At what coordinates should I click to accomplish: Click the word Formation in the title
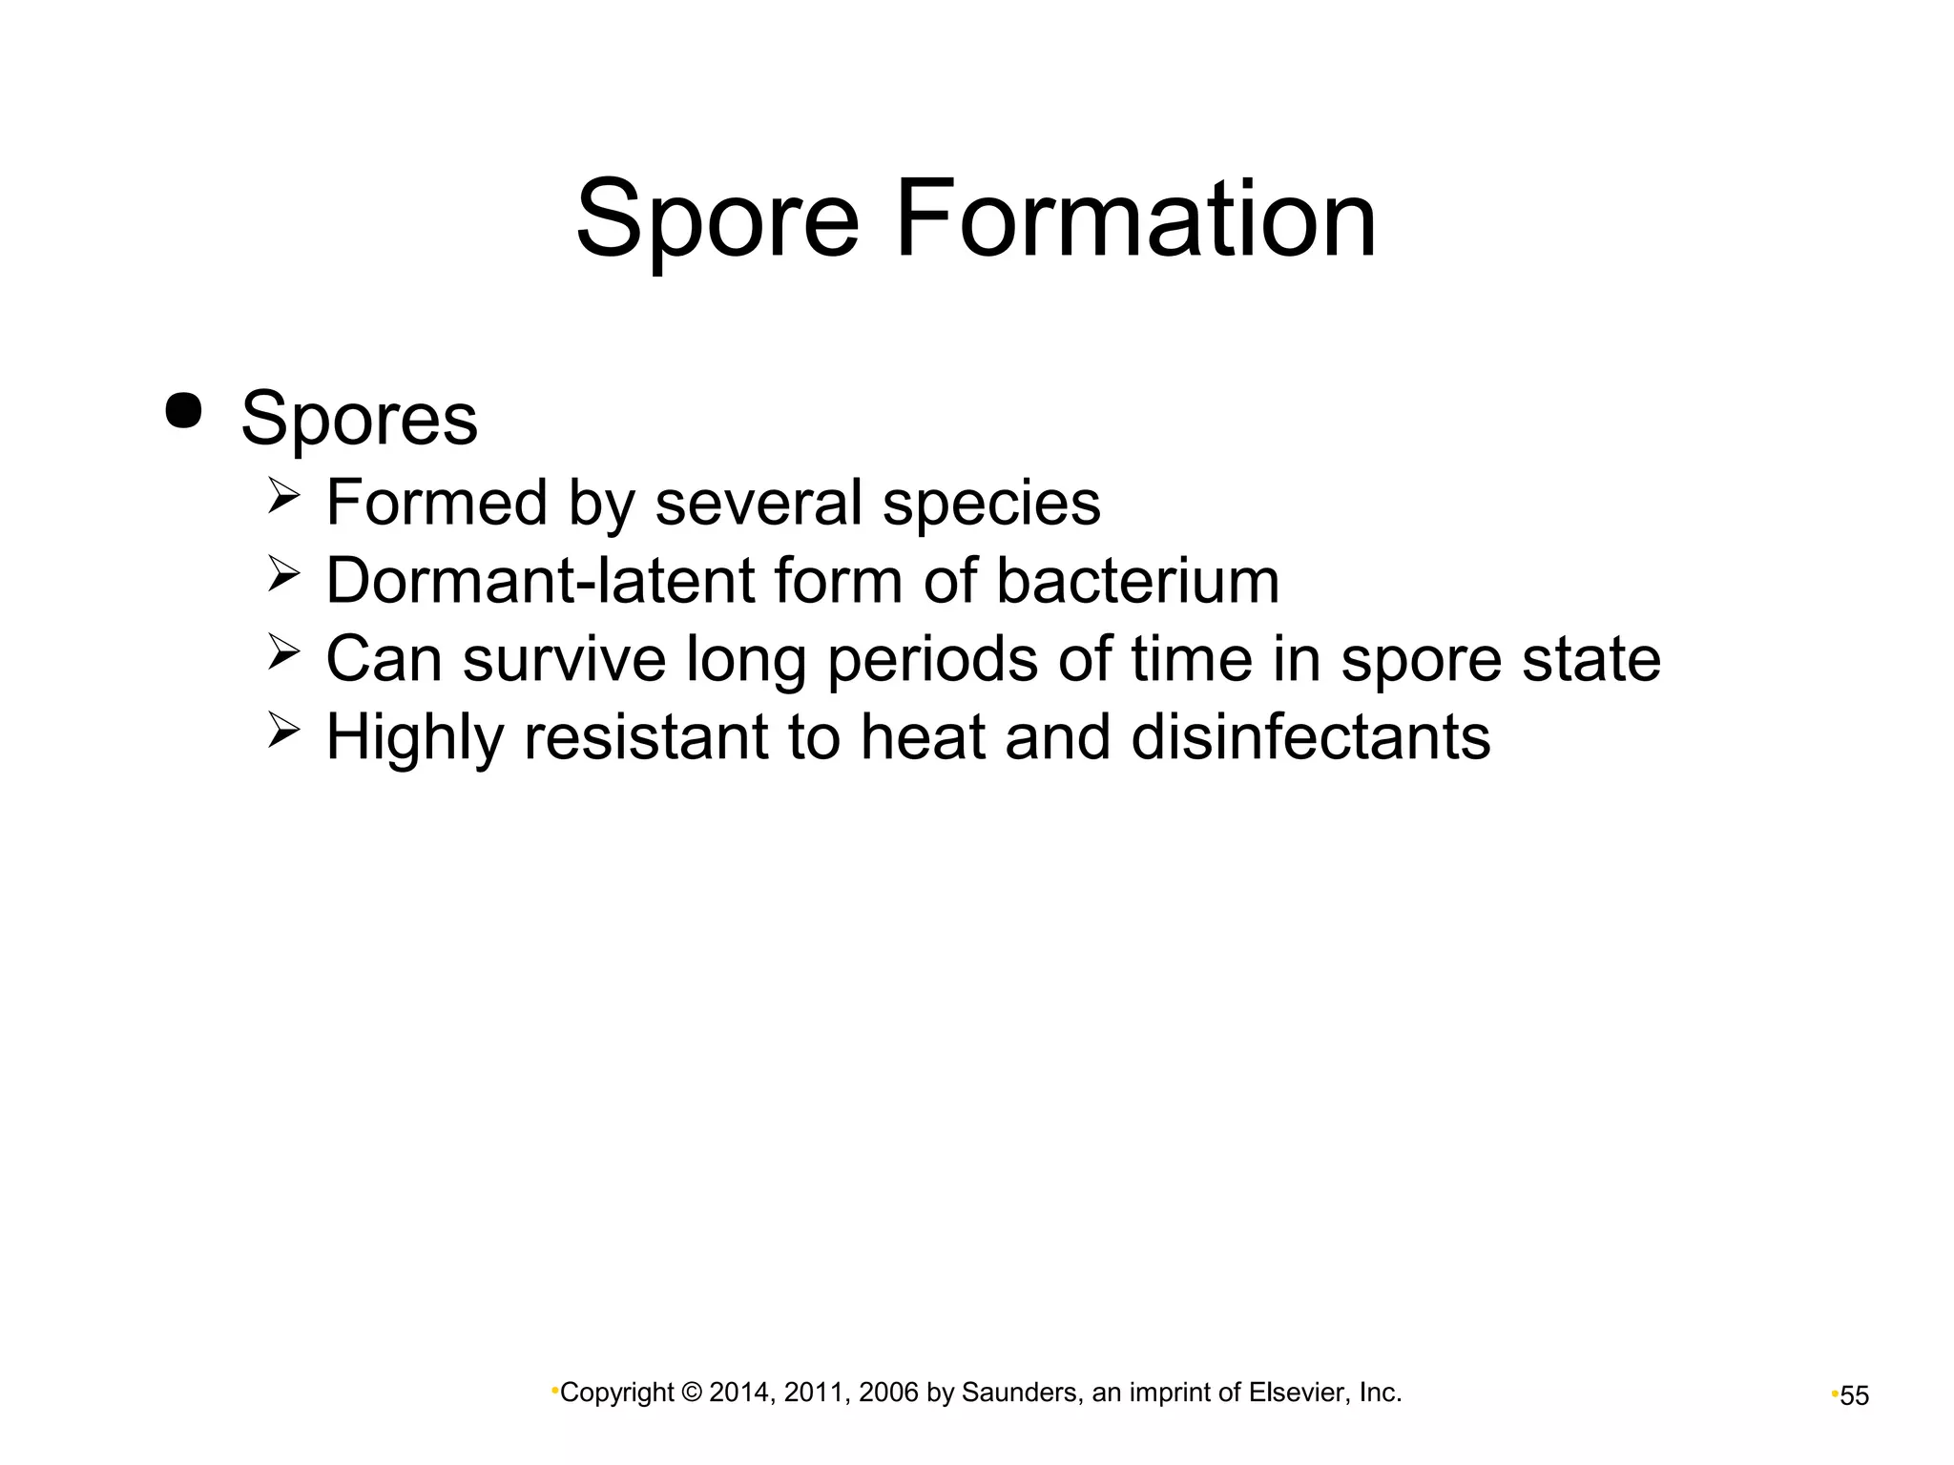(1135, 220)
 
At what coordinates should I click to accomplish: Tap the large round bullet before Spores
(183, 411)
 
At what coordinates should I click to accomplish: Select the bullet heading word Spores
(359, 420)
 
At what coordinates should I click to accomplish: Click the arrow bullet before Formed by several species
(283, 497)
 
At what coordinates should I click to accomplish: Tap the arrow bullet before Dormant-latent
(283, 575)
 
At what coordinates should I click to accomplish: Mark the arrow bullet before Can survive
(283, 653)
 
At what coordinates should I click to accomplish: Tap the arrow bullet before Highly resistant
(283, 732)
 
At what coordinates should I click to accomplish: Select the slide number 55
(1854, 1396)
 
